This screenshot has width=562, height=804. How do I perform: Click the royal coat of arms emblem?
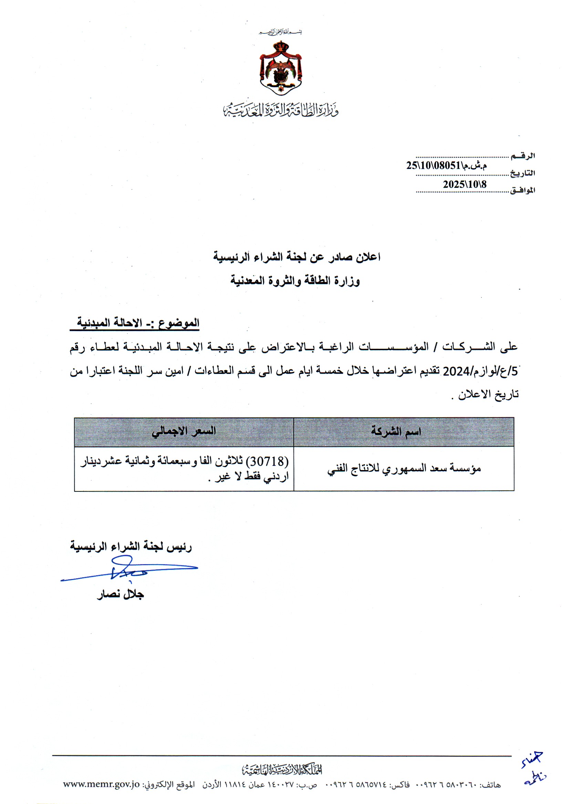pos(281,67)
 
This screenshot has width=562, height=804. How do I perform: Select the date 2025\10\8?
pos(464,184)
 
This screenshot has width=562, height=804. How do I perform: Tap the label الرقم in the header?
pos(523,156)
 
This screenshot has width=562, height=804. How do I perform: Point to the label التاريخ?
pos(522,173)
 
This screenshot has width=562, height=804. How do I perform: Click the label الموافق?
pos(522,191)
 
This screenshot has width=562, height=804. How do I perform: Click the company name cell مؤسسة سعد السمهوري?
pos(404,469)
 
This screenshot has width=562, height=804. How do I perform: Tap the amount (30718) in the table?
pos(267,461)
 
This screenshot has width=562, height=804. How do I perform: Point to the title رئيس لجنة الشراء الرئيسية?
pos(131,547)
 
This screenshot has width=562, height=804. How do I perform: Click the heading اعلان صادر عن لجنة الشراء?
pos(297,257)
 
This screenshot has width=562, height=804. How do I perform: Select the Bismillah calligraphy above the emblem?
pos(280,32)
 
